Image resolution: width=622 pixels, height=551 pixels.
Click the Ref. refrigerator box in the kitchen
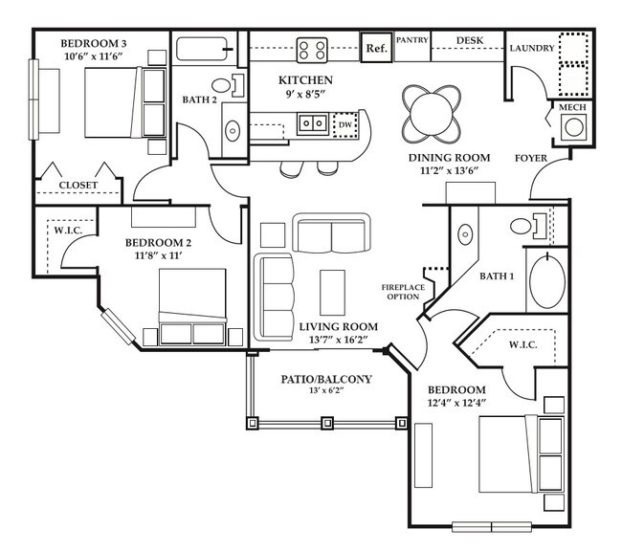point(375,48)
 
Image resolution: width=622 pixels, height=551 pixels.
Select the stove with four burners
point(312,48)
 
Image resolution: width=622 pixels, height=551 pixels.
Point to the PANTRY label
point(411,40)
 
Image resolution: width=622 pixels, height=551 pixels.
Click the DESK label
point(469,40)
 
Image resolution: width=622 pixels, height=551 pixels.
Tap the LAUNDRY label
point(531,48)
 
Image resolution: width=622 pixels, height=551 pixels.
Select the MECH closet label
point(571,109)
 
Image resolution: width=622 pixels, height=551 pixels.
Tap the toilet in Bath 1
point(525,226)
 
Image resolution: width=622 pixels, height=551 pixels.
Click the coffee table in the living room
point(332,291)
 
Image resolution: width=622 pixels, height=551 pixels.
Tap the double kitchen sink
point(312,122)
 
